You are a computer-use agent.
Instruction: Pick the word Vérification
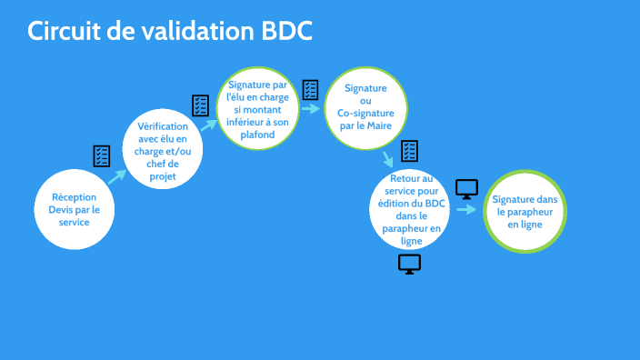pyautogui.click(x=163, y=126)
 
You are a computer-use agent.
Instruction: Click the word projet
pyautogui.click(x=163, y=177)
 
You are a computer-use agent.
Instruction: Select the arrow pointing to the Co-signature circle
pyautogui.click(x=311, y=108)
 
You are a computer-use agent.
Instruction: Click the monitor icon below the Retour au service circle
pyautogui.click(x=410, y=264)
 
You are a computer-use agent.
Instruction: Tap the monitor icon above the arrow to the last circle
pyautogui.click(x=466, y=189)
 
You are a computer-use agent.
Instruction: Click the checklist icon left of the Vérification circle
pyautogui.click(x=102, y=155)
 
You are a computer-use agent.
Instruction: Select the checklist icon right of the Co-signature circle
pyautogui.click(x=410, y=150)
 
